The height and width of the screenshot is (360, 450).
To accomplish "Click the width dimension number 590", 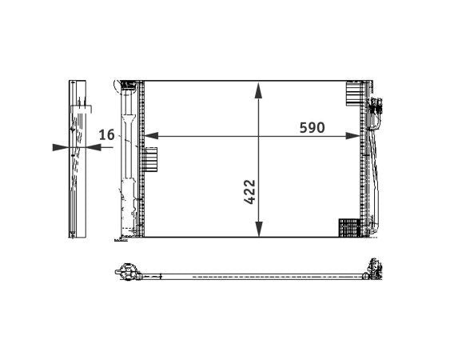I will pos(312,128).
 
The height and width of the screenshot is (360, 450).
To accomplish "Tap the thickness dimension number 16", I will pos(106,135).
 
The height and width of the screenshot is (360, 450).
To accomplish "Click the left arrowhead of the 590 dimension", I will pos(149,136).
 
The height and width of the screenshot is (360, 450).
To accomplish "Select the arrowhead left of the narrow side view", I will pos(57,147).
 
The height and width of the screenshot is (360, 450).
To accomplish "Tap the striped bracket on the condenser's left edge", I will pos(151,159).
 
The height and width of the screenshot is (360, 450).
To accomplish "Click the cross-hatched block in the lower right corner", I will pos(349,228).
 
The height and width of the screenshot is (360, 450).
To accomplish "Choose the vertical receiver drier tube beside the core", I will pos(125,160).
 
